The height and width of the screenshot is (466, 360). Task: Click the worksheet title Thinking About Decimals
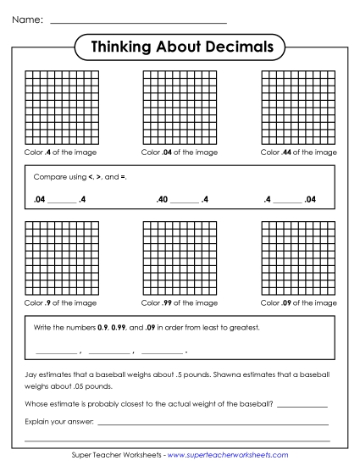coord(180,47)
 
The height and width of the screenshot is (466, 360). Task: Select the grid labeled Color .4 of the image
coord(61,108)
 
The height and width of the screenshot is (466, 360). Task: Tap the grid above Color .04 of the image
coord(180,108)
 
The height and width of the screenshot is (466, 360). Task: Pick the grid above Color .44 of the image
coord(298,108)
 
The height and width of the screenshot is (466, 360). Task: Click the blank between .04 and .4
coord(62,202)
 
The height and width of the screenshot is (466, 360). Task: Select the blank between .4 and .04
coord(287,202)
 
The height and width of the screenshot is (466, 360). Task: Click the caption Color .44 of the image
coord(298,153)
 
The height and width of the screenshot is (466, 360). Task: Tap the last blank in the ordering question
coord(162,352)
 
